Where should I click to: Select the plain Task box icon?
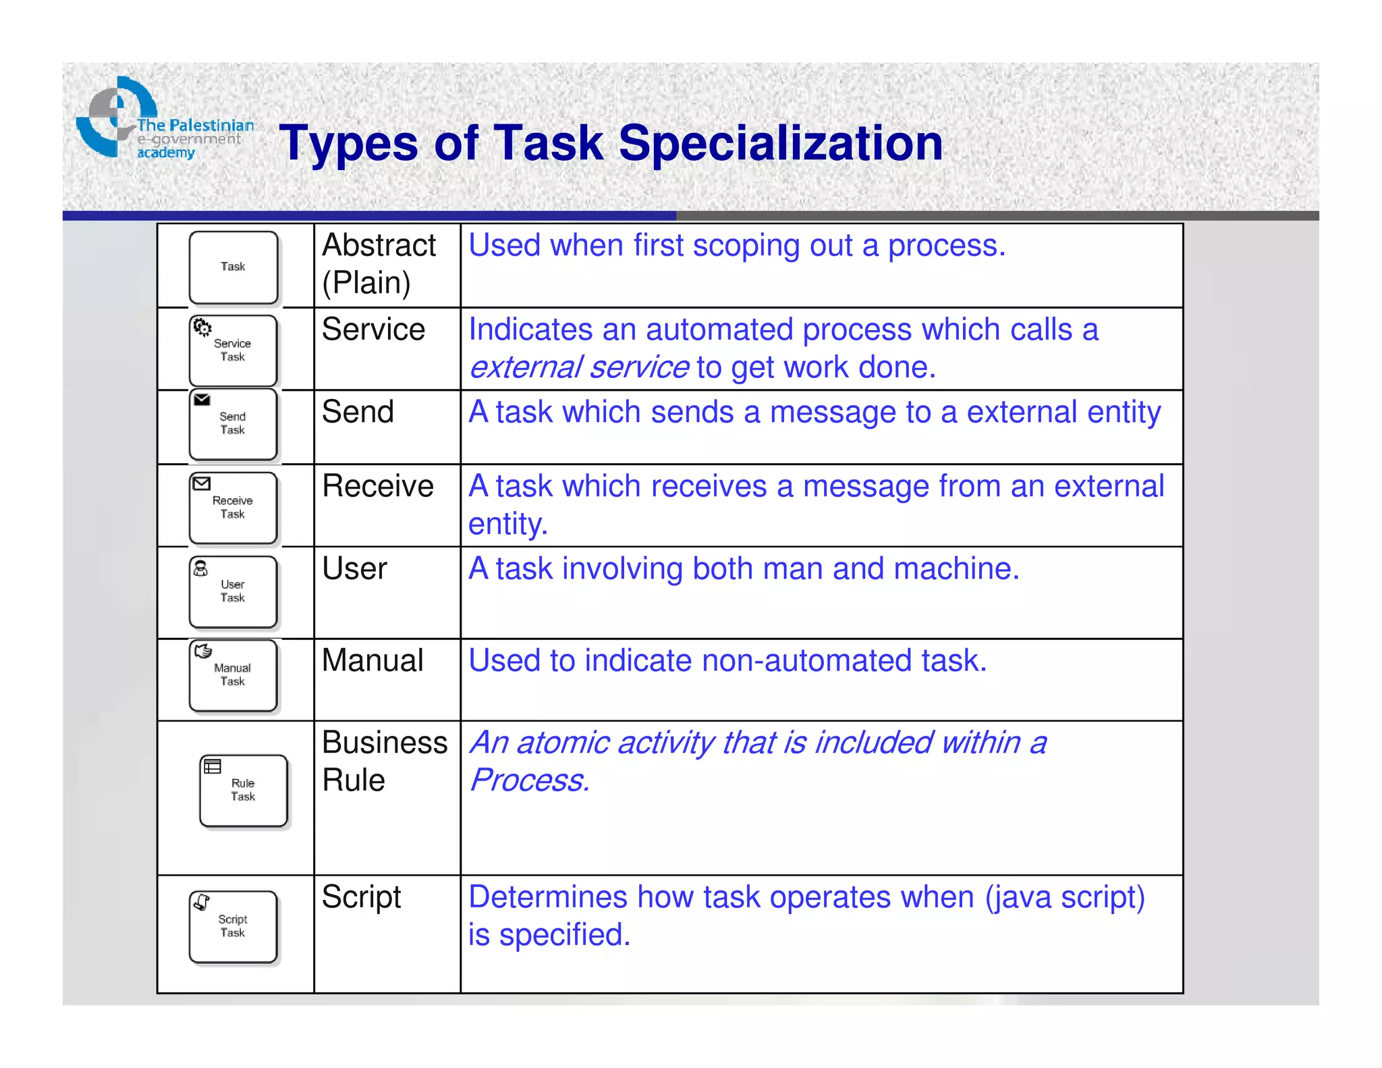pyautogui.click(x=233, y=267)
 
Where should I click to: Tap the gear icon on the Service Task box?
pyautogui.click(x=202, y=328)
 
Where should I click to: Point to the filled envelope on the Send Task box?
pyautogui.click(x=202, y=400)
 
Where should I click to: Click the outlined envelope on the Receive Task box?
pyautogui.click(x=202, y=483)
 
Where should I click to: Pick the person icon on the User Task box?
pyautogui.click(x=201, y=568)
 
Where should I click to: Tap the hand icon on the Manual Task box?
pyautogui.click(x=202, y=651)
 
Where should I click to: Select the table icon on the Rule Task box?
pyautogui.click(x=213, y=767)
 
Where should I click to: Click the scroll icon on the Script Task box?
pyautogui.click(x=202, y=902)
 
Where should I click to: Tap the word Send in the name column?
pyautogui.click(x=358, y=412)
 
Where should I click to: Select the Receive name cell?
pyautogui.click(x=378, y=487)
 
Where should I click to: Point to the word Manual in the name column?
pyautogui.click(x=372, y=661)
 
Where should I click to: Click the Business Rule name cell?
pyautogui.click(x=384, y=762)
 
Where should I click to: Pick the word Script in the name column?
pyautogui.click(x=361, y=898)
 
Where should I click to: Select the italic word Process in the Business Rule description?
pyautogui.click(x=528, y=781)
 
